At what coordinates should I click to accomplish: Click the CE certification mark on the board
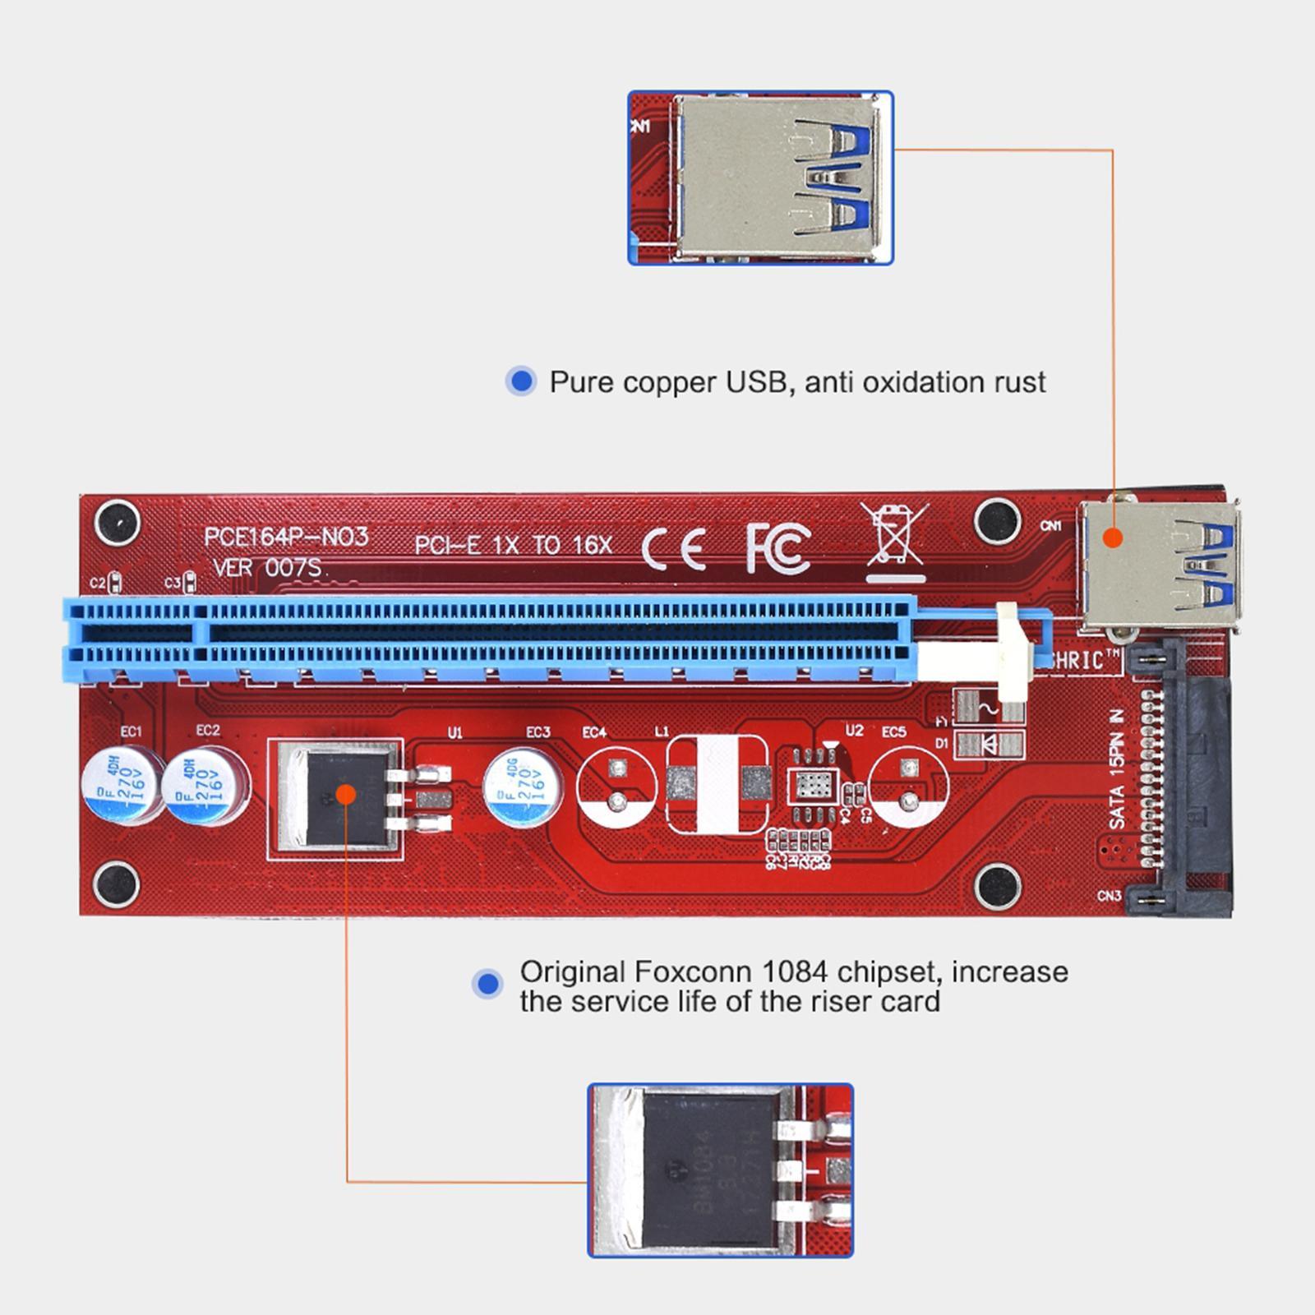click(673, 548)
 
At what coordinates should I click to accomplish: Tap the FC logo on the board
click(777, 547)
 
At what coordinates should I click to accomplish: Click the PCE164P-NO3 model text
click(286, 537)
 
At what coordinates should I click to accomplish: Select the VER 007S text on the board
click(267, 567)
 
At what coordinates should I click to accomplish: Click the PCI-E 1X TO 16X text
click(513, 545)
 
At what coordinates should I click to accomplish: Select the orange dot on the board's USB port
click(1112, 538)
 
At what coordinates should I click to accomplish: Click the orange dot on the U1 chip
click(346, 794)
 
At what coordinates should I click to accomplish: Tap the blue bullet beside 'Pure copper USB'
click(520, 381)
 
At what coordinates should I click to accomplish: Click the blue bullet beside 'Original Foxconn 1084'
click(488, 983)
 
